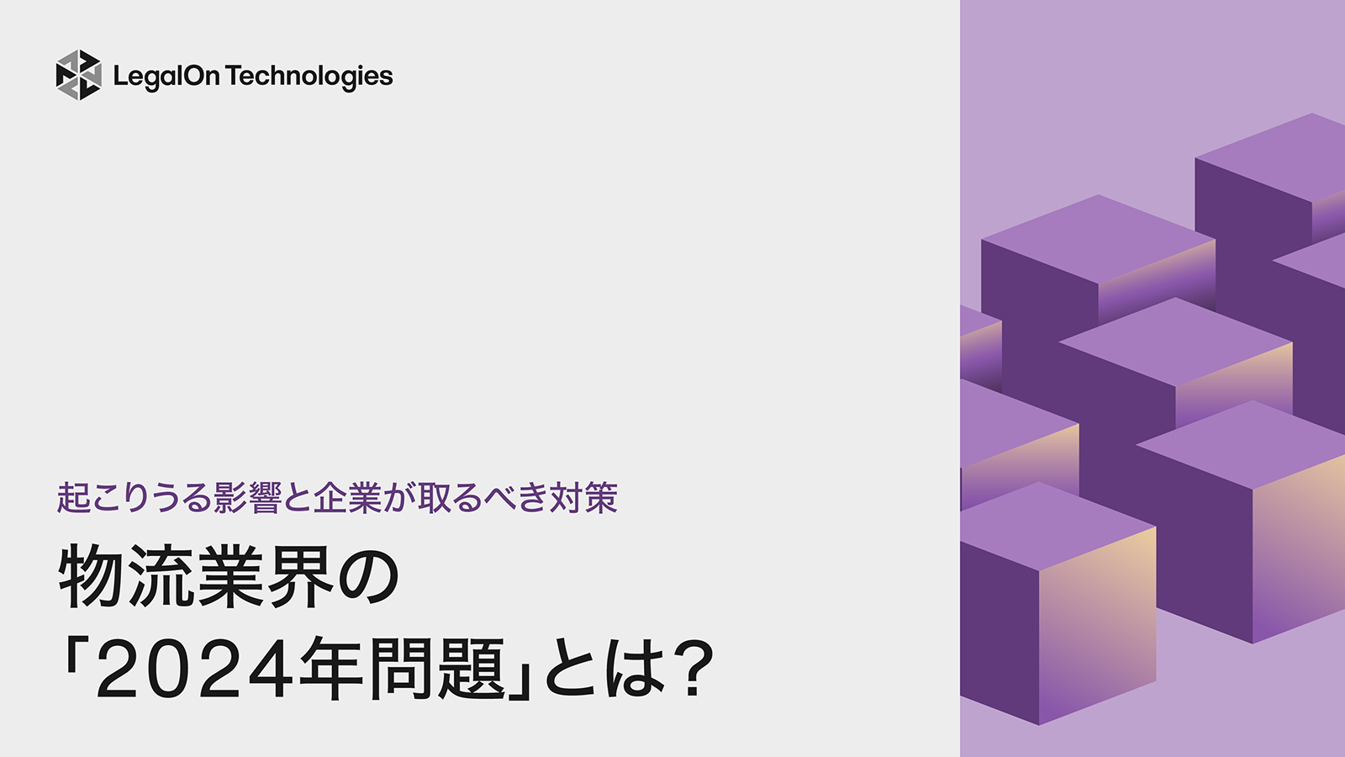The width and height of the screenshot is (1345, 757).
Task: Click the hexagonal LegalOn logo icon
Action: (x=78, y=75)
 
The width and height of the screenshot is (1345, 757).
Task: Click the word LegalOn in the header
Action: (x=166, y=77)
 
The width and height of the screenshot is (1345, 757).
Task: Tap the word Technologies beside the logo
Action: (x=309, y=77)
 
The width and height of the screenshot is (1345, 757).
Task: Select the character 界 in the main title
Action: (x=299, y=577)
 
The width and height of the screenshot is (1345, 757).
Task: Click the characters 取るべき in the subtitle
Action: (x=483, y=498)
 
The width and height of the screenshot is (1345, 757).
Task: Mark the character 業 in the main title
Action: (x=230, y=577)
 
